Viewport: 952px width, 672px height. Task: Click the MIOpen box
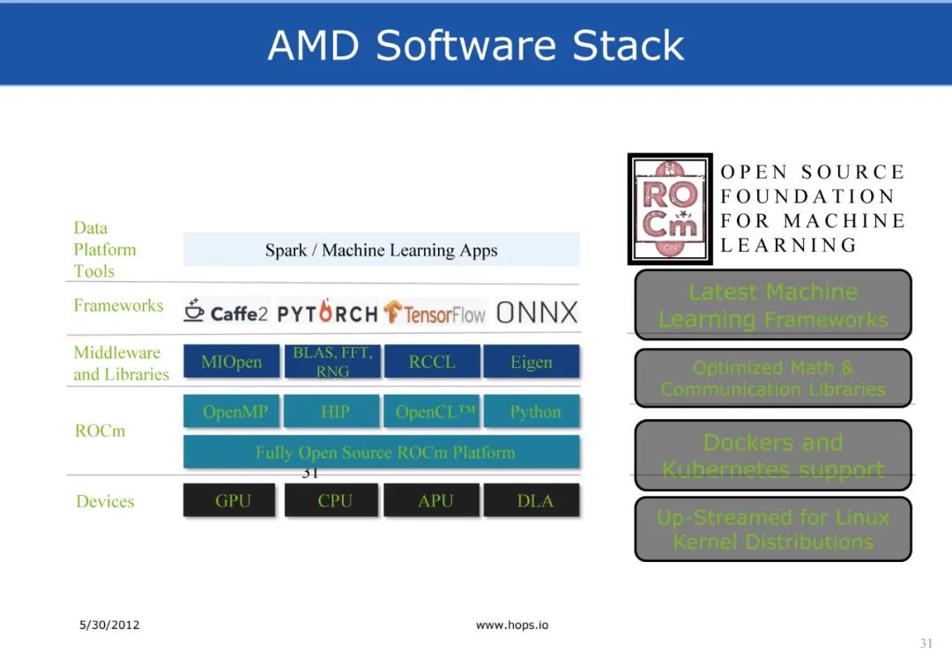[x=231, y=362]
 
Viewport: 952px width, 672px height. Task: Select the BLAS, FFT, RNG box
[x=332, y=362]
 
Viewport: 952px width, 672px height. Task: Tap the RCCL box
[x=432, y=362]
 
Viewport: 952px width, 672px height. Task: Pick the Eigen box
[x=532, y=362]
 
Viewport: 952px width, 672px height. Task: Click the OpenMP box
[x=231, y=411]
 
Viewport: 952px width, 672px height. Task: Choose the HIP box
[x=334, y=411]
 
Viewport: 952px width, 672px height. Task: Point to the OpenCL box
[x=432, y=411]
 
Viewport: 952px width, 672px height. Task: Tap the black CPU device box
[x=334, y=500]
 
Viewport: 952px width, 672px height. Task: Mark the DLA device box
[x=534, y=500]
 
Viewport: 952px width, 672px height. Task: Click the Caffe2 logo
[x=226, y=312]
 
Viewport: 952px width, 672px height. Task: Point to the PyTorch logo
[x=327, y=313]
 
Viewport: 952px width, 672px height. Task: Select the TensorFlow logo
[x=435, y=313]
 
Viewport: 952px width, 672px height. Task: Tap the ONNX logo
[x=537, y=312]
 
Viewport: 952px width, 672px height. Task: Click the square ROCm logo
[x=670, y=210]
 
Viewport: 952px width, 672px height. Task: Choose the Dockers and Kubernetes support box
[x=773, y=455]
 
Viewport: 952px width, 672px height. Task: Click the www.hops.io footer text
[x=511, y=625]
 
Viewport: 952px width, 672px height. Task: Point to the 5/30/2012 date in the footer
[x=109, y=625]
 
